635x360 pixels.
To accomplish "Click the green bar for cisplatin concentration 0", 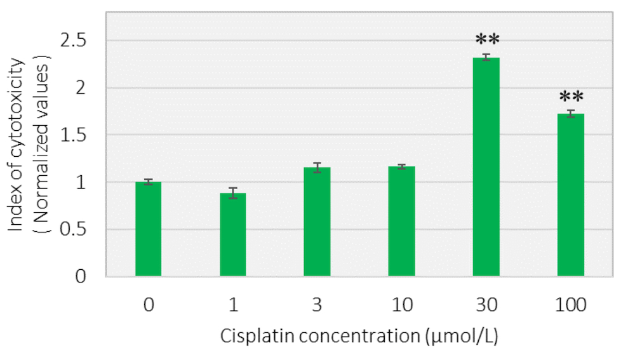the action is (x=148, y=229).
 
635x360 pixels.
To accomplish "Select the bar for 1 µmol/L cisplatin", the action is (x=233, y=235).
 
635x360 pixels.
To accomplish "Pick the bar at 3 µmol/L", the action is (x=317, y=222).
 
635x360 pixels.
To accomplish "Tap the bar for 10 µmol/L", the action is (x=402, y=222).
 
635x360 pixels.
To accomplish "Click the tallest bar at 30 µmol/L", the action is (x=486, y=167).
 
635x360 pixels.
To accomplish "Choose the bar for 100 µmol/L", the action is (x=571, y=195).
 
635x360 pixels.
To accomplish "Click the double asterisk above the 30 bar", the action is (x=487, y=40).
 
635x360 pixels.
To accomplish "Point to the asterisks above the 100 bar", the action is (x=571, y=97).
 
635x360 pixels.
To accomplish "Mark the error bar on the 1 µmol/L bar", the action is (x=233, y=193).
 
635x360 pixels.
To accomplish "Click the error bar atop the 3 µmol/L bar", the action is (x=317, y=168).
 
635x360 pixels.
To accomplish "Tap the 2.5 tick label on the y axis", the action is (x=73, y=41).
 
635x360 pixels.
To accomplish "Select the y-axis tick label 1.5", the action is (x=73, y=135).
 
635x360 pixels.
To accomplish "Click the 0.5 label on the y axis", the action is (x=73, y=230).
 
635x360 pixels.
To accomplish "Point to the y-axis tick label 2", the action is (x=81, y=88).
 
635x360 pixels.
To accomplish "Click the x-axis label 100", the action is (x=571, y=305).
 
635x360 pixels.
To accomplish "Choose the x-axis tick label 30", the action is (x=486, y=305).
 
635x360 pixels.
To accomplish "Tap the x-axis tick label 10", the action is (x=402, y=305).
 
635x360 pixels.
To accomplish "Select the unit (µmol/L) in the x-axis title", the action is (x=462, y=337).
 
